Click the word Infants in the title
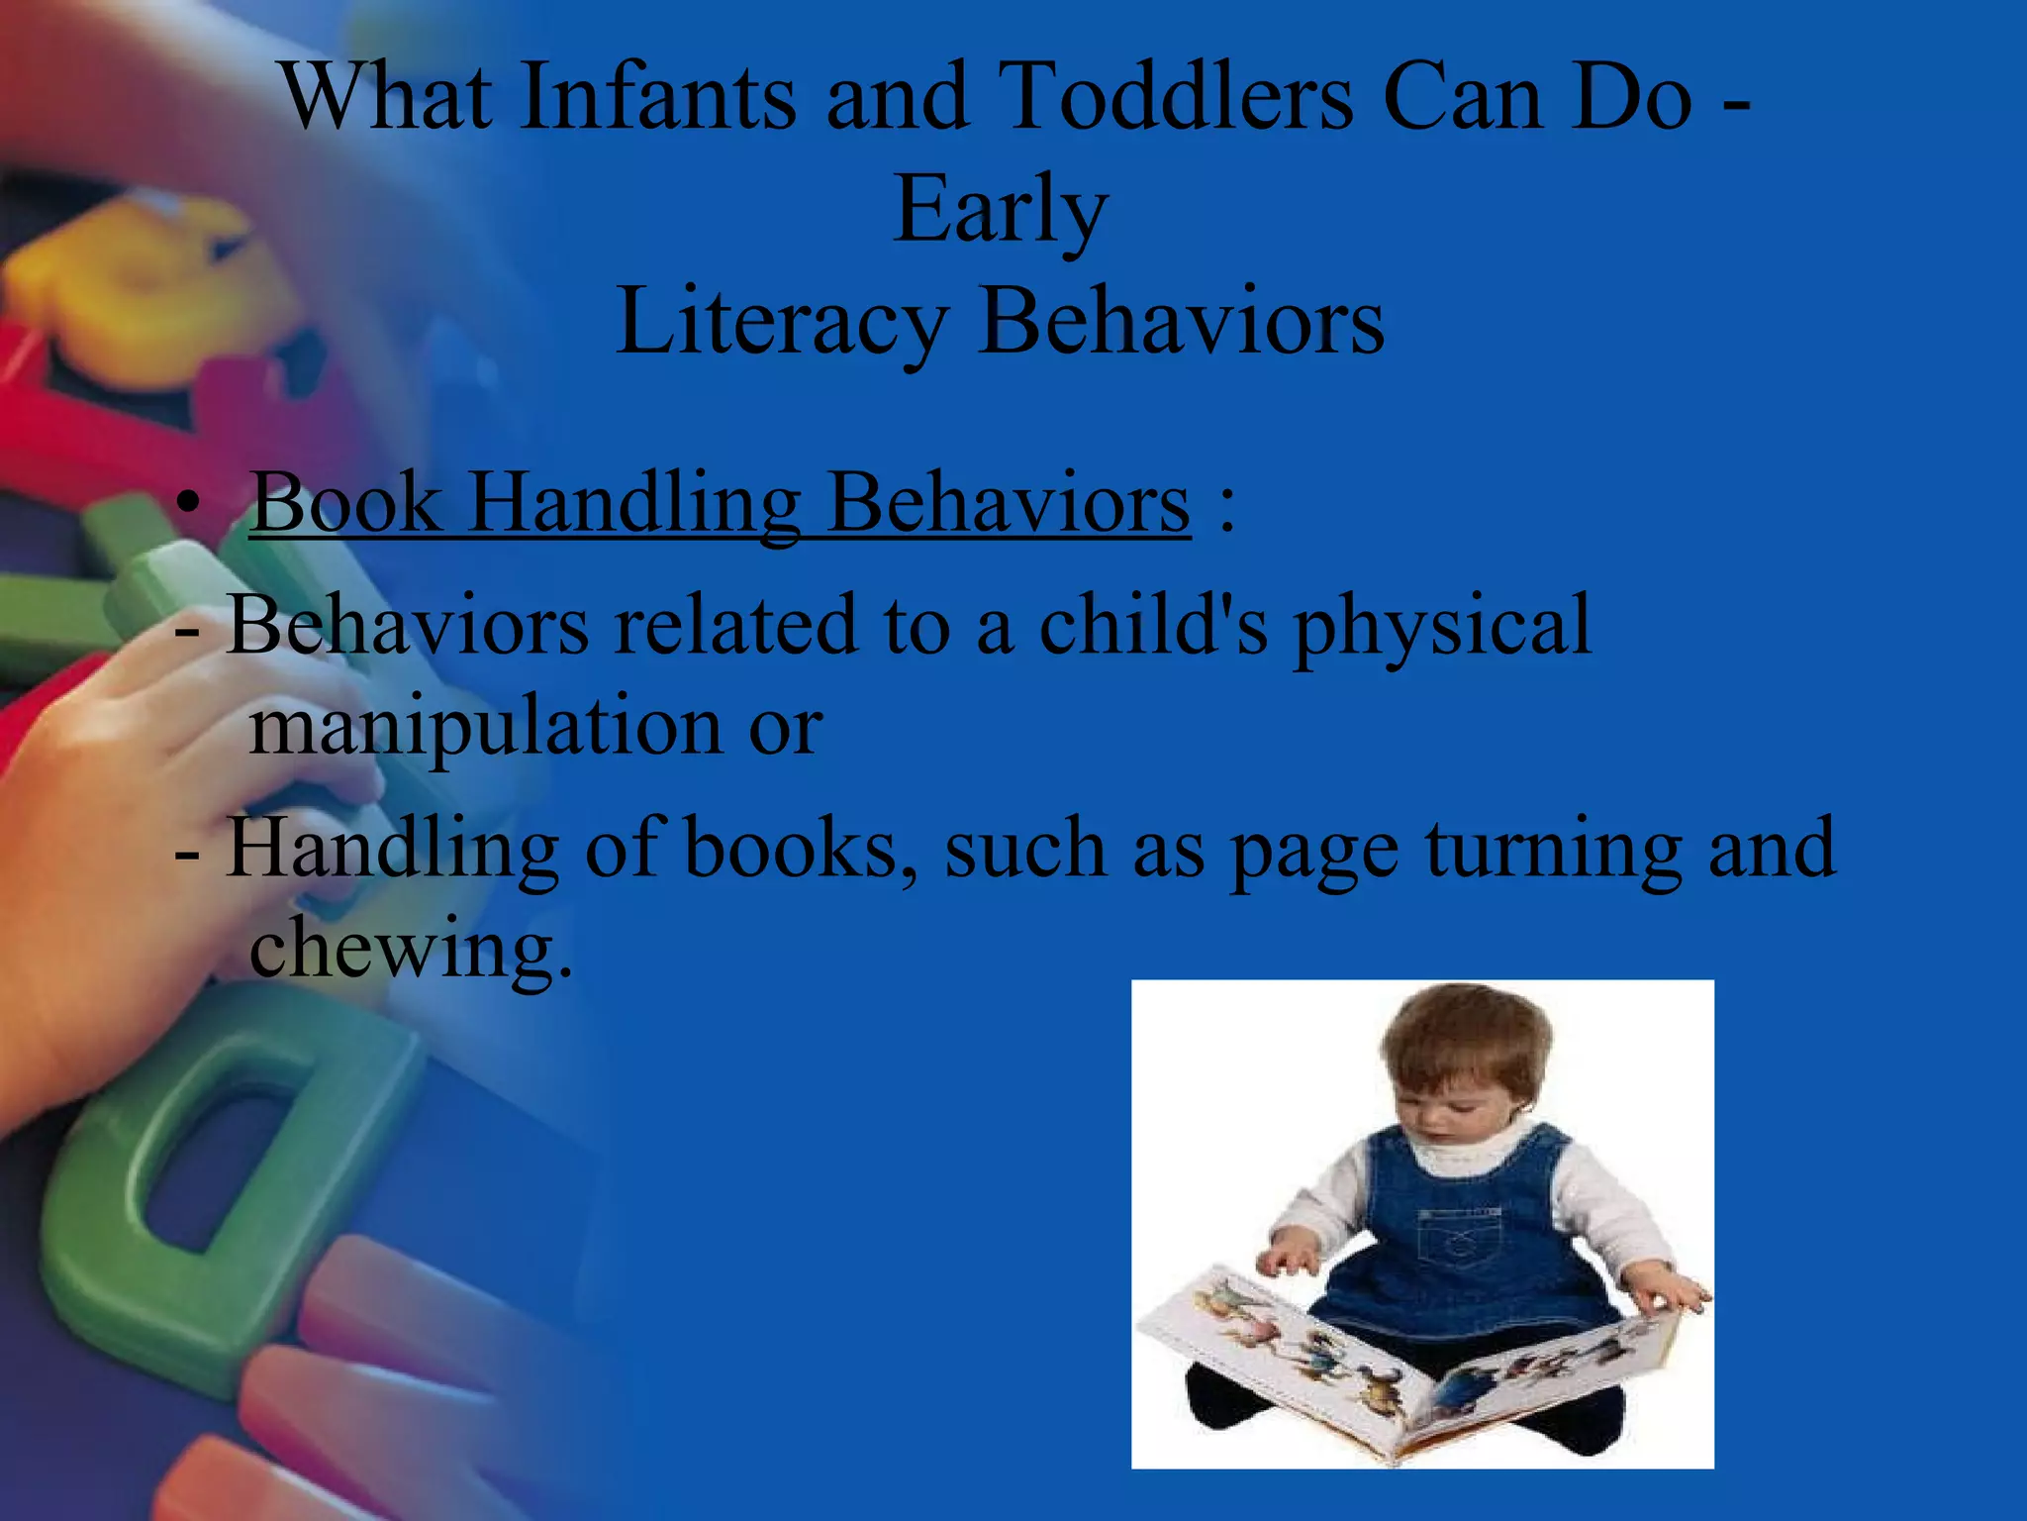pos(657,97)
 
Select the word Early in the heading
pos(1000,210)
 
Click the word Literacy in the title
pos(782,322)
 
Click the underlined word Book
pos(345,503)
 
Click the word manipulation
pos(486,726)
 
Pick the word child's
pos(1153,626)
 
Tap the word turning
pos(1554,849)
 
